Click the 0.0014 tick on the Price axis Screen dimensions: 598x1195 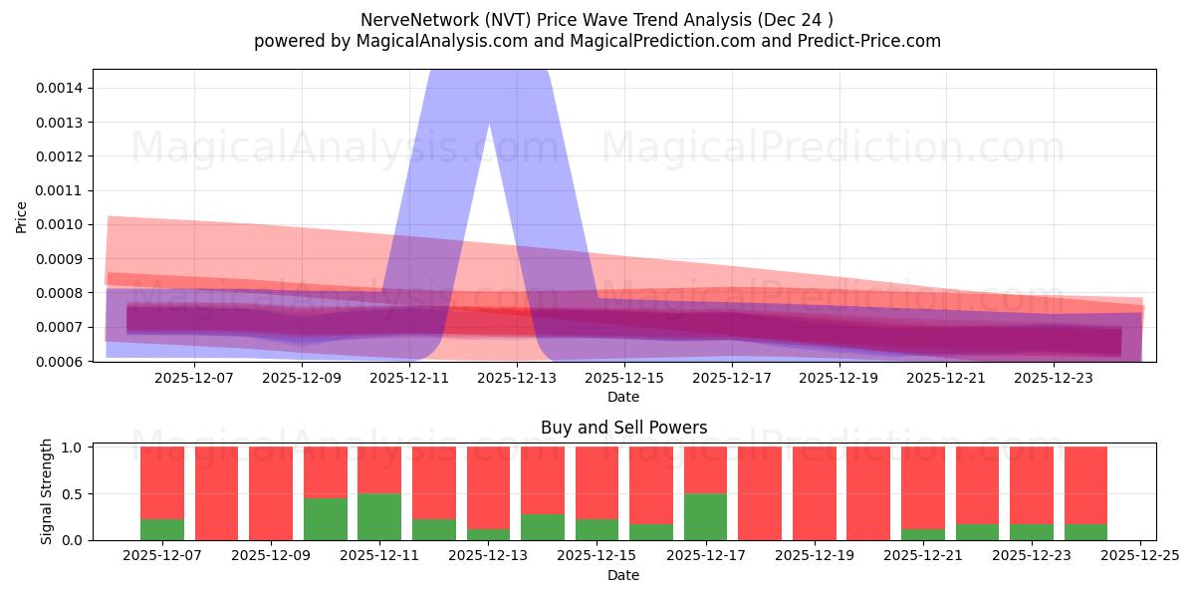(61, 88)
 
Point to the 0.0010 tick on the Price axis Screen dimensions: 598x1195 (61, 224)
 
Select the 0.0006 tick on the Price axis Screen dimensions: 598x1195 (61, 361)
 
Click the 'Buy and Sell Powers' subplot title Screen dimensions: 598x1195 (623, 428)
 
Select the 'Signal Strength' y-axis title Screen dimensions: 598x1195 (47, 491)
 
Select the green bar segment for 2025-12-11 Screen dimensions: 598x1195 (379, 516)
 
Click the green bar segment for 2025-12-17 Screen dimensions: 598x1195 (705, 516)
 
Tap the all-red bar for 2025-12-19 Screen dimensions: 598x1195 (814, 493)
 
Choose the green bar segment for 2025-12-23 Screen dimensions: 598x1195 (1031, 532)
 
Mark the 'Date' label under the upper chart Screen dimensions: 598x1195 (623, 397)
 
